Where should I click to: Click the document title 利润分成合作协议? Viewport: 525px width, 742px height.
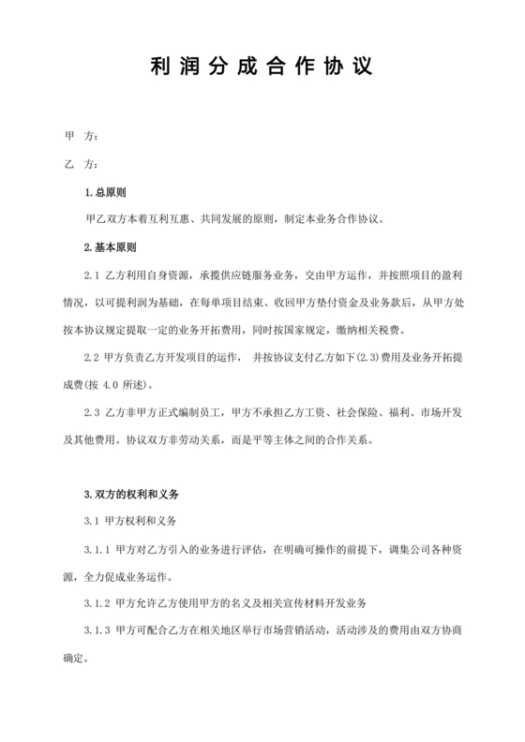click(262, 68)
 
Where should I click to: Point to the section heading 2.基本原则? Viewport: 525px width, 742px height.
click(110, 248)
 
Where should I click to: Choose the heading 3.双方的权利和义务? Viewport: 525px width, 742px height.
click(131, 492)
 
